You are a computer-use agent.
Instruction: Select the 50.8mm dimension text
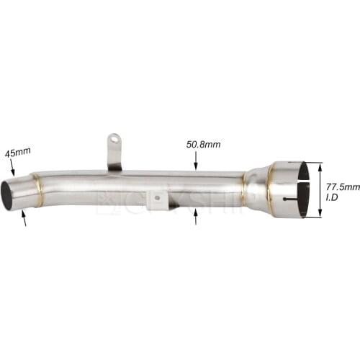point(203,144)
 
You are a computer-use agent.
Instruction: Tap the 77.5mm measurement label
point(342,186)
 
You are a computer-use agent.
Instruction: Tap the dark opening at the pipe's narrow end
point(9,195)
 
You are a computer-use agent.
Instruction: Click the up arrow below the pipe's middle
point(196,217)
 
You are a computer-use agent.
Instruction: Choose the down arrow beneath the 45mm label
point(14,171)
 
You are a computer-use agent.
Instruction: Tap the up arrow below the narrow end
point(24,220)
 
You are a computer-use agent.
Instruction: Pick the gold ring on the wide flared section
point(271,189)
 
